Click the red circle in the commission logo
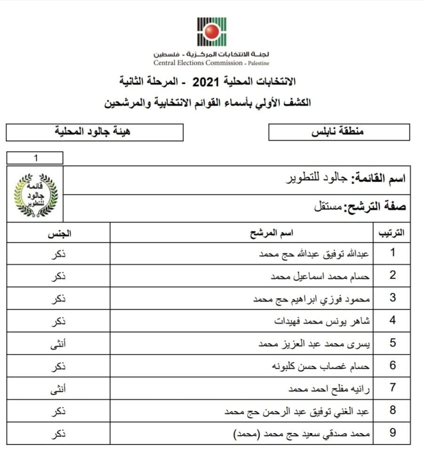(212, 32)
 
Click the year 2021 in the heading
(204, 81)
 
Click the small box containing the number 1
(35, 158)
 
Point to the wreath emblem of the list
(35, 194)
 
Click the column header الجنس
(58, 233)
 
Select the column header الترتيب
(392, 233)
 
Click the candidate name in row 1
(314, 254)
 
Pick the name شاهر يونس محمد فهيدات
(322, 322)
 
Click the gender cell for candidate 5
(58, 344)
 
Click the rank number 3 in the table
(392, 298)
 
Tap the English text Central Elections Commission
(198, 63)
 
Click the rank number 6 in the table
(392, 366)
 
